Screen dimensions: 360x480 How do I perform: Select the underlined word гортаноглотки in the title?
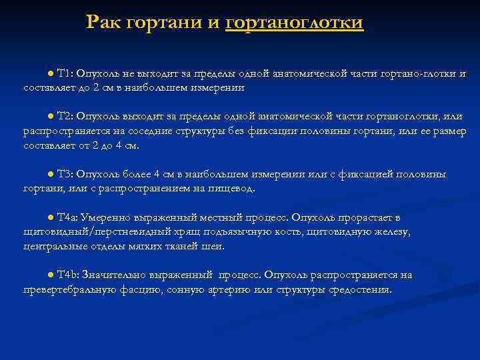[294, 23]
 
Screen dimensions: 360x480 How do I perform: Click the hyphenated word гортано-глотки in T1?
[419, 73]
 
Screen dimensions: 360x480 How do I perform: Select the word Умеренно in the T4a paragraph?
[104, 218]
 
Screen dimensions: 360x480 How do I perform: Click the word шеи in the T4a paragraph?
[215, 246]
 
